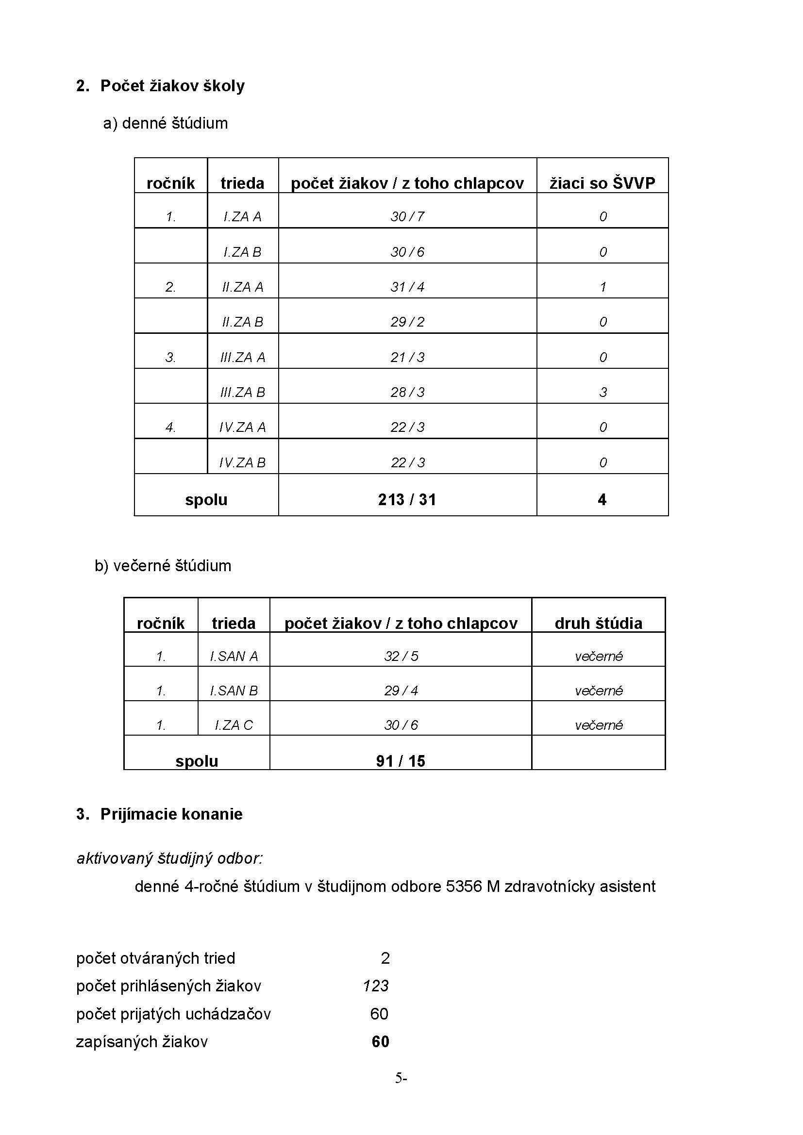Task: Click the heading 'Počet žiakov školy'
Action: coord(172,86)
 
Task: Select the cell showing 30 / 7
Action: coord(407,216)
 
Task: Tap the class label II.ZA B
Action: coord(242,322)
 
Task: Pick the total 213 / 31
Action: coord(407,500)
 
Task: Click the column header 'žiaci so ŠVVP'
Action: coord(602,183)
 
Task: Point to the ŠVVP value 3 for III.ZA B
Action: coord(603,393)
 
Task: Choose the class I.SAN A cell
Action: coord(234,657)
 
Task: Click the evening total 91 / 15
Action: coord(401,761)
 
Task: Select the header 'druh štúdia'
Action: coord(598,624)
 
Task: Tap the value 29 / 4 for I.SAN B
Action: coord(401,691)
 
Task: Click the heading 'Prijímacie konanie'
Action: coord(171,814)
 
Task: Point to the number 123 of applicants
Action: coord(376,986)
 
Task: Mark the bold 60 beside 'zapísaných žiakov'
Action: coord(380,1041)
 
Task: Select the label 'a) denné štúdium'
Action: coord(165,123)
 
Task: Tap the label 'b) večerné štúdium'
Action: coord(163,565)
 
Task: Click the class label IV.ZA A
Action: coord(242,428)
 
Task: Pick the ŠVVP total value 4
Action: coord(602,500)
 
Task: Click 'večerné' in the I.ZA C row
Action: coord(598,725)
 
